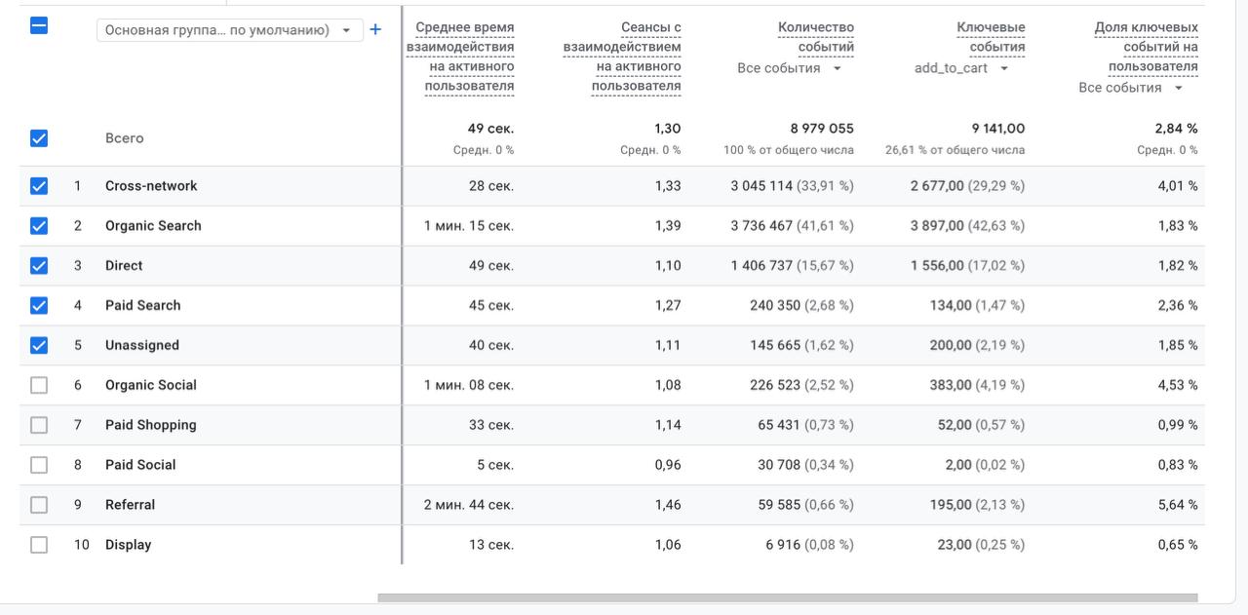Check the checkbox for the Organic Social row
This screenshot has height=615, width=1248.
(39, 385)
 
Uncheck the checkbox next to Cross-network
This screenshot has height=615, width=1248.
(39, 185)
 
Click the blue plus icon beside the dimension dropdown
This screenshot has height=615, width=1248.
(375, 29)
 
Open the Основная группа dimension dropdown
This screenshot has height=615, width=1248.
(229, 30)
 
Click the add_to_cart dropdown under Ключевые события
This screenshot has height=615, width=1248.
(961, 68)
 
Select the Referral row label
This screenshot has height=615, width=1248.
(131, 505)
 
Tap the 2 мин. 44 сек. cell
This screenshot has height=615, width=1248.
(469, 505)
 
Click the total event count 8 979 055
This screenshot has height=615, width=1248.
(822, 129)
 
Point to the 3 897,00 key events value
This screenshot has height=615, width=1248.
(937, 225)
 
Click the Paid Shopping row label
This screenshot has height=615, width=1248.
(151, 425)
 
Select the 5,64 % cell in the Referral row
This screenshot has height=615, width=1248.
(1178, 505)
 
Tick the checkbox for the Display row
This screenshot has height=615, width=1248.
(39, 544)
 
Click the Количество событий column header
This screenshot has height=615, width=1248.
(816, 37)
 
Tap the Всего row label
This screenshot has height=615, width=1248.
(124, 138)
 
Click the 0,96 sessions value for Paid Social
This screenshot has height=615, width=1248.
(668, 465)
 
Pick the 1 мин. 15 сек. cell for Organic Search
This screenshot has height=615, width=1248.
(469, 225)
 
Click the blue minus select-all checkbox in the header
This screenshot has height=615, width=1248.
(39, 25)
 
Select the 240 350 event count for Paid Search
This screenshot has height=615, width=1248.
(775, 305)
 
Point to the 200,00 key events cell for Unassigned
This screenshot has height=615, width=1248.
(951, 345)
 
